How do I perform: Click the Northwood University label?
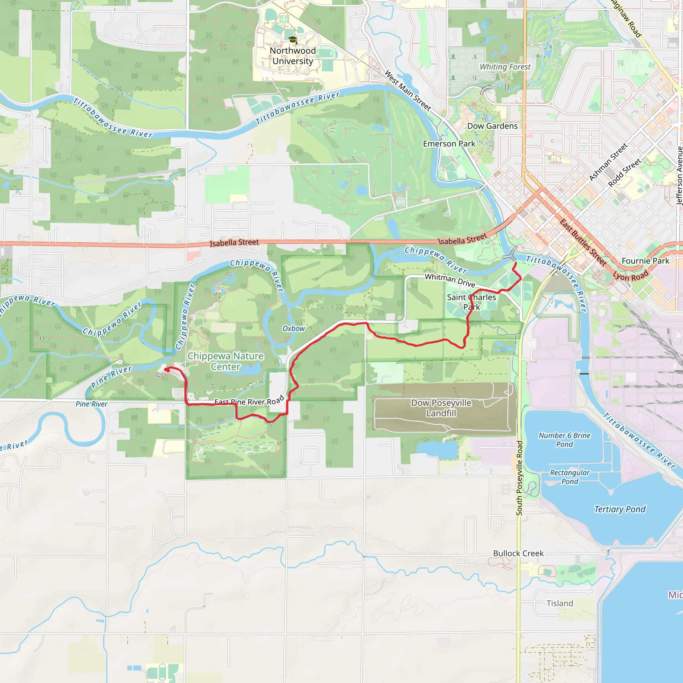tap(293, 56)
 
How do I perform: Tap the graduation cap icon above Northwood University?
tap(293, 40)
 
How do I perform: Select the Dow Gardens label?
tap(492, 126)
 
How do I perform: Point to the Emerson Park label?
tap(449, 144)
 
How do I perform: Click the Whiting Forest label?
tap(505, 67)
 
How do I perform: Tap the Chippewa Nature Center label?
tap(225, 361)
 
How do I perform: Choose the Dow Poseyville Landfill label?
tap(441, 408)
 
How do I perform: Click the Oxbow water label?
tap(293, 329)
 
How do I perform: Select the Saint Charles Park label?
tap(471, 302)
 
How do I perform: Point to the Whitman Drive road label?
tap(450, 280)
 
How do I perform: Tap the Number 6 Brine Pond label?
tap(564, 440)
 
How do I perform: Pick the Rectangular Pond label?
tap(570, 477)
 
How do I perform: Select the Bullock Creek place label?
tap(518, 553)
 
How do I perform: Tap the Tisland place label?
tap(560, 603)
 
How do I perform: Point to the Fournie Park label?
tap(645, 261)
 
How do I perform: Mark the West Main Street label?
tap(408, 90)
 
